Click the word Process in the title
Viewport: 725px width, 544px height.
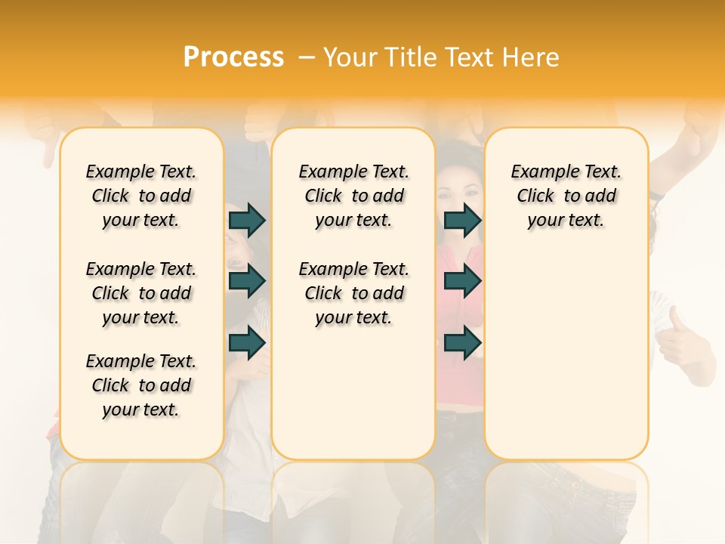233,57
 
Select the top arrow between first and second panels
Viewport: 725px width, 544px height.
247,220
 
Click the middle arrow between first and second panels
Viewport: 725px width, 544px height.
247,282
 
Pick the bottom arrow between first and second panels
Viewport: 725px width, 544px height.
247,343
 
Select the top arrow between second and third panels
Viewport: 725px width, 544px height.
462,220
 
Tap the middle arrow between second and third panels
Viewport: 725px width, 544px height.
462,282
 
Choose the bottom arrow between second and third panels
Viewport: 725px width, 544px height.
462,343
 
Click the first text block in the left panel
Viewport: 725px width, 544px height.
141,196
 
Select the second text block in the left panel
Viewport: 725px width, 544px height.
141,293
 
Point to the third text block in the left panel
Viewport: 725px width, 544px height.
141,385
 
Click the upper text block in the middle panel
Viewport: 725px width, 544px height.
353,196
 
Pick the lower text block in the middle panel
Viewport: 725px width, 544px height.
353,293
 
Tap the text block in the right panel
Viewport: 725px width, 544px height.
566,196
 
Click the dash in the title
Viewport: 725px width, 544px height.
306,57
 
